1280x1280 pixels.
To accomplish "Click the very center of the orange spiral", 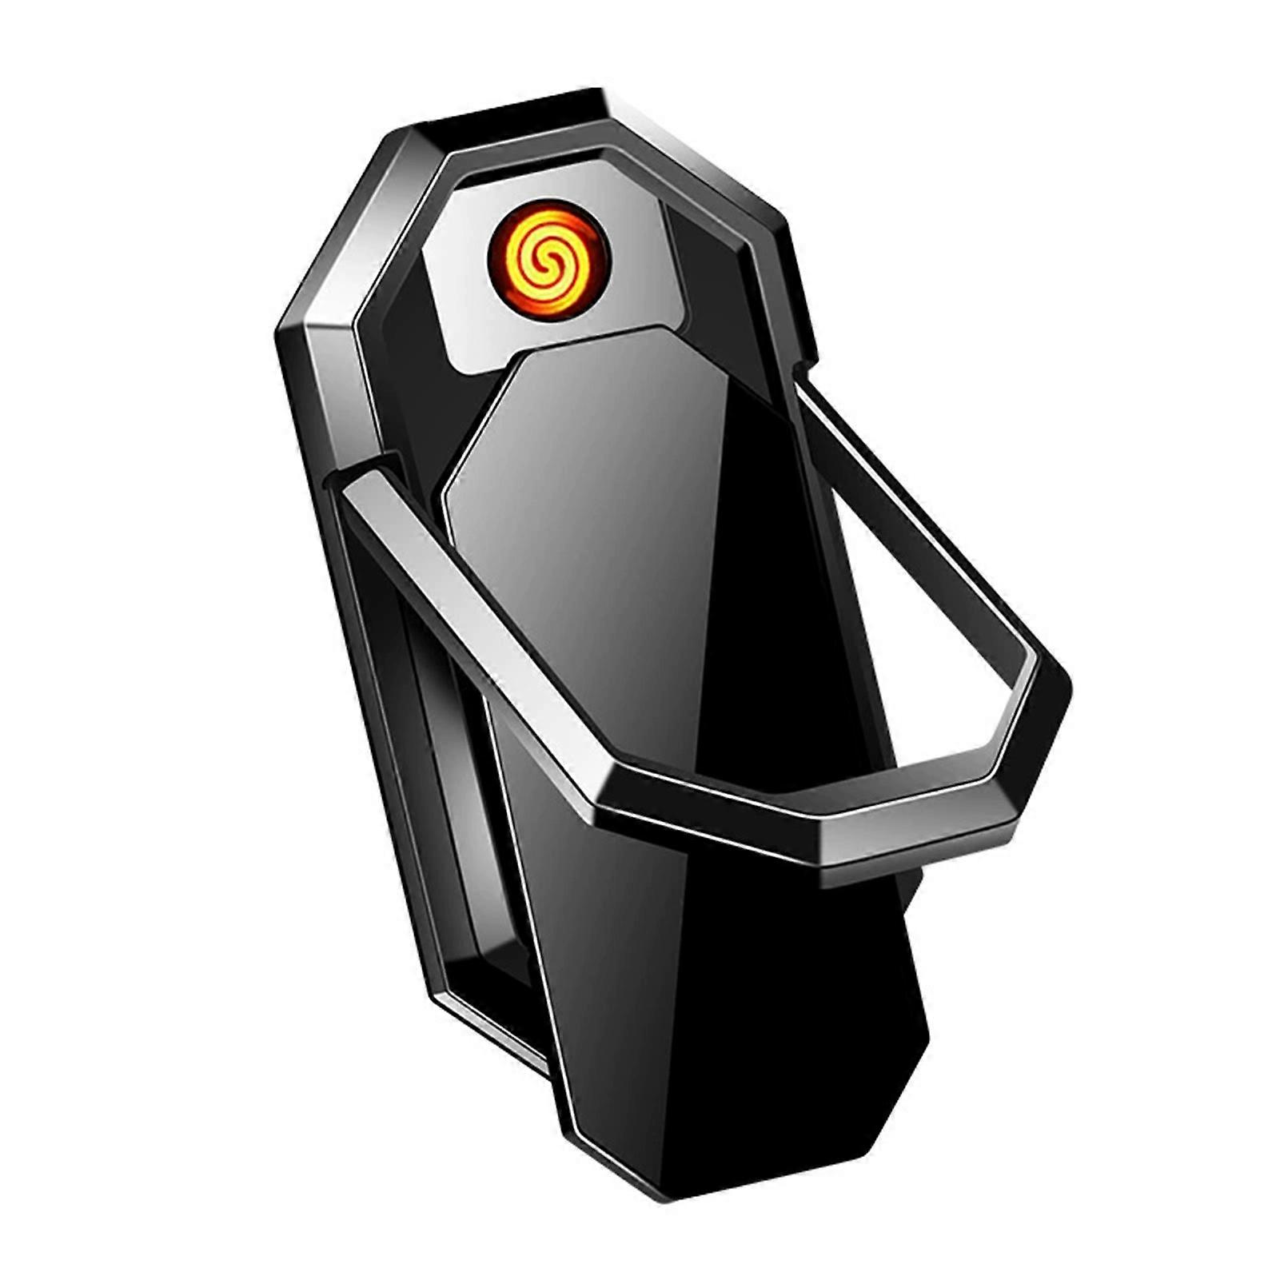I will (x=550, y=255).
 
